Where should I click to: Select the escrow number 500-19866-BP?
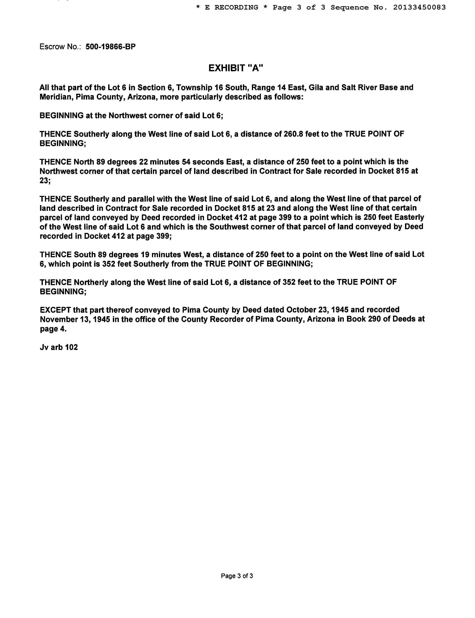pos(111,47)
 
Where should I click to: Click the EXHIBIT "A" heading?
pos(236,68)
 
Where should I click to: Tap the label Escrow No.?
pos(60,47)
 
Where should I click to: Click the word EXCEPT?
pos(55,310)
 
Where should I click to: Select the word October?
pos(301,310)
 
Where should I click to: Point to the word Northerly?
pos(91,282)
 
